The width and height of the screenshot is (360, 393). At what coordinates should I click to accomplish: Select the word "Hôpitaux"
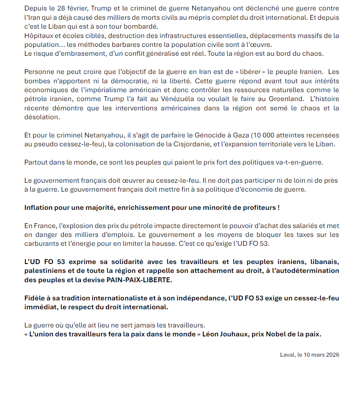coord(38,36)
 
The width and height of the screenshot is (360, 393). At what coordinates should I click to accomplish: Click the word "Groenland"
coord(285,99)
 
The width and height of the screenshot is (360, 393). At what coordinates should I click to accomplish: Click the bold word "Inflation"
coord(40,208)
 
